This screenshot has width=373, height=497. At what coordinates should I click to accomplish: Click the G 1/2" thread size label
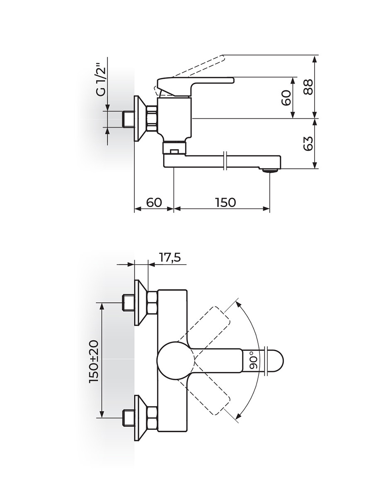102,80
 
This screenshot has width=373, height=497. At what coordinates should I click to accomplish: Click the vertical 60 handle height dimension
286,98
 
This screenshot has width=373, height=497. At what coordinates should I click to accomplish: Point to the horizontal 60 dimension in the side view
154,202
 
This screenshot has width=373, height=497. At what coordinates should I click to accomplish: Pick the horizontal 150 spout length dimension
225,202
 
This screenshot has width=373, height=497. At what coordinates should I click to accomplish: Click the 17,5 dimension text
170,258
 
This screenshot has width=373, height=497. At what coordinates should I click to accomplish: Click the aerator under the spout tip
269,170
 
